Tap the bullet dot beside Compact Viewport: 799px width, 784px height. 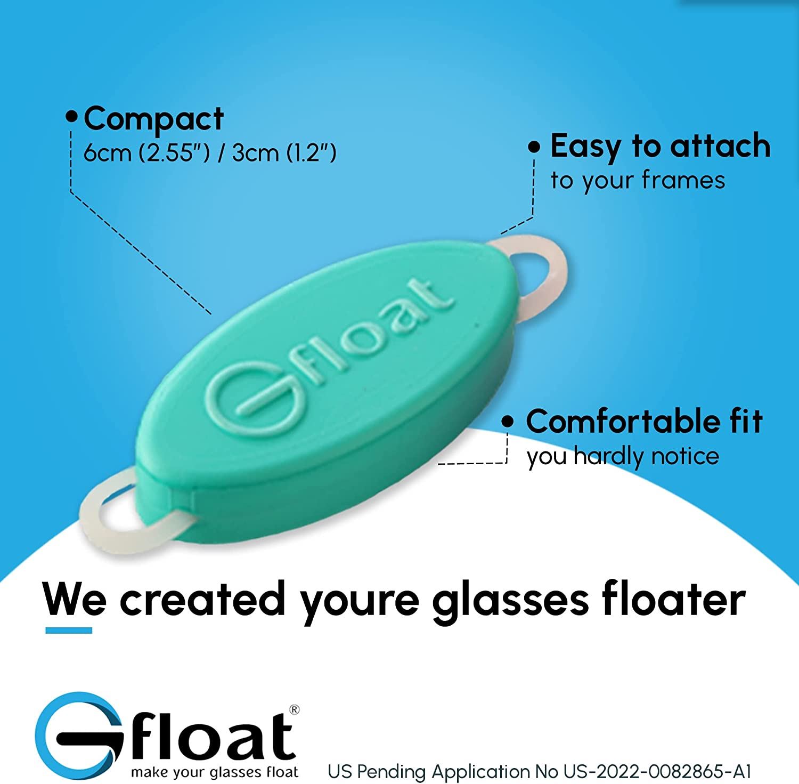click(71, 117)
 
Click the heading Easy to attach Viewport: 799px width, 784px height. click(661, 147)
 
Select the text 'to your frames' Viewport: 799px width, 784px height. click(638, 181)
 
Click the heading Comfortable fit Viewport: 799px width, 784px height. click(645, 422)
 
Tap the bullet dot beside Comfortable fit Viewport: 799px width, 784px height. click(509, 422)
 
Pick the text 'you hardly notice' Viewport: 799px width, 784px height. click(623, 457)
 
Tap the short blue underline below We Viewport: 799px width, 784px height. click(69, 631)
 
